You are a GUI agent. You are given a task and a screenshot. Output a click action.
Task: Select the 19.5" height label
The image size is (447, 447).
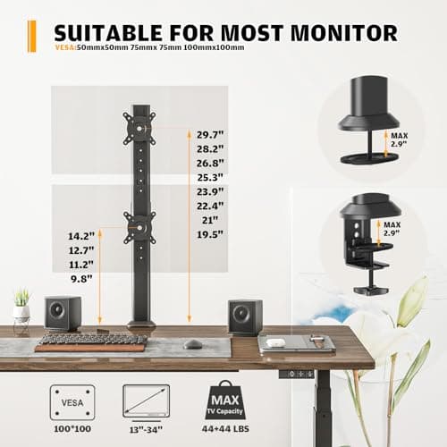209,234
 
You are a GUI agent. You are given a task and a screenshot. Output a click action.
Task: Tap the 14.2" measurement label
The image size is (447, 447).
80,236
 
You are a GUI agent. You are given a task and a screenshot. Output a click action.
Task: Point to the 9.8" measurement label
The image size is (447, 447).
80,278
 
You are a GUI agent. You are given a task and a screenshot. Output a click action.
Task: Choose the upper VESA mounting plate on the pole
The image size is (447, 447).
139,130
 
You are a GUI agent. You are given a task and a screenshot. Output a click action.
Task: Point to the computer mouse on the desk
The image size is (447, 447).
192,343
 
